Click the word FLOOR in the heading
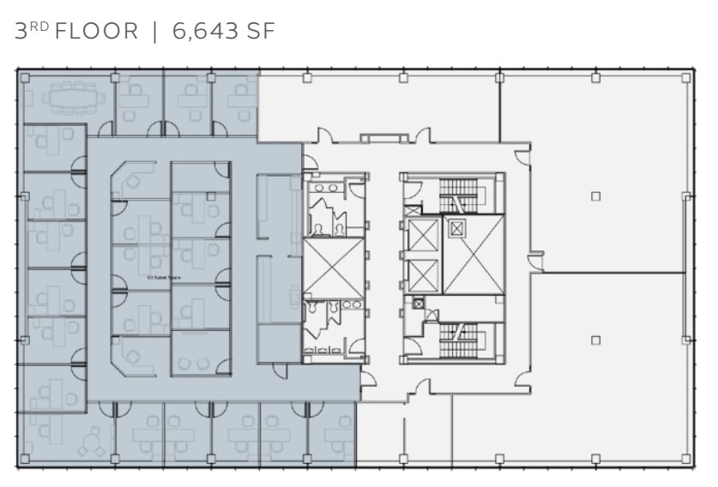point(96,32)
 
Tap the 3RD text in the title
point(33,32)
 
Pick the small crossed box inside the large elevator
point(456,228)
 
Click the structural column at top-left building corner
point(25,77)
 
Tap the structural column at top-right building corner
point(685,77)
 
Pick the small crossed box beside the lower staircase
point(418,303)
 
